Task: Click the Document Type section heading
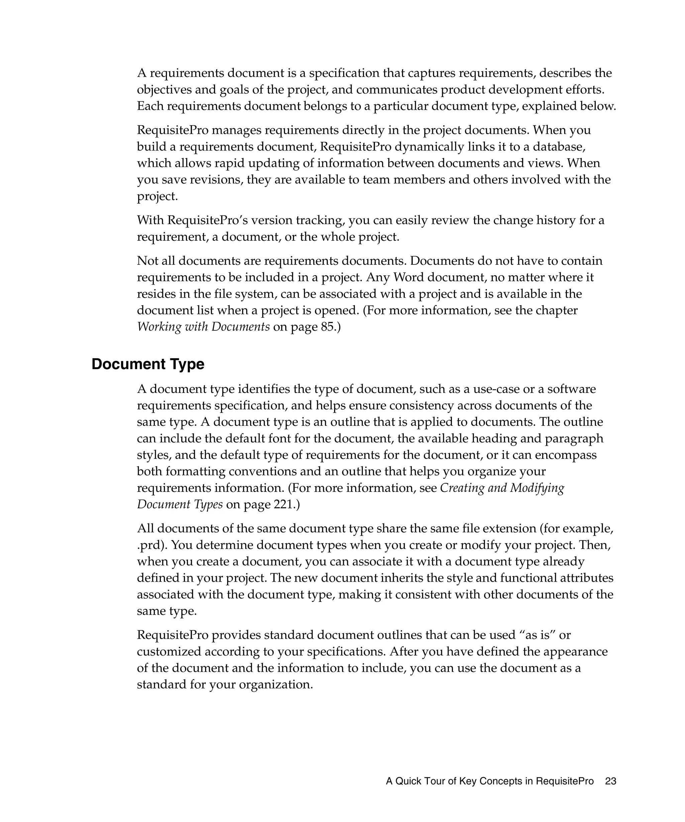[148, 365]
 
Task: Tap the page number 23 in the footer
[610, 781]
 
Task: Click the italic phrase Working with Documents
[203, 327]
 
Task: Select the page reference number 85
[327, 327]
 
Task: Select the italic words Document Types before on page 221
[180, 504]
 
